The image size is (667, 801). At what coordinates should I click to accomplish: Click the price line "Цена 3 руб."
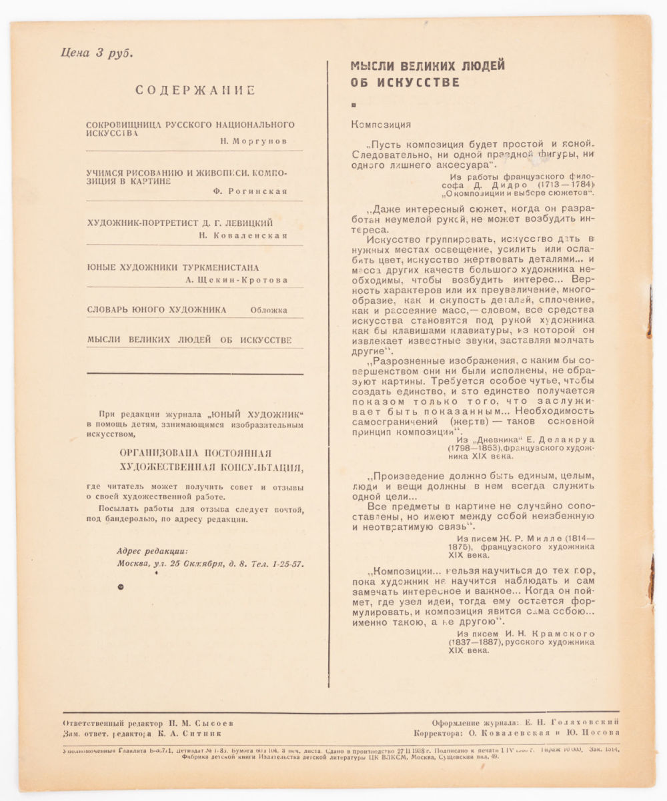97,54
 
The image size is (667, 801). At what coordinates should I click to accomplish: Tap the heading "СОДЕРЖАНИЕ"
195,91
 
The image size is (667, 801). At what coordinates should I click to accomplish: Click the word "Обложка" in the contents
269,309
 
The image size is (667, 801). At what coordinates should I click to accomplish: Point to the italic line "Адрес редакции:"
152,550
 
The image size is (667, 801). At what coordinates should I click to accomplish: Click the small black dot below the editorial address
120,586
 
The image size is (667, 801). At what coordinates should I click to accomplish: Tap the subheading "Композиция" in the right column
381,125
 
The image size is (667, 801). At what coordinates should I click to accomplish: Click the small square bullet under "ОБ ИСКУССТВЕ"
354,105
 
